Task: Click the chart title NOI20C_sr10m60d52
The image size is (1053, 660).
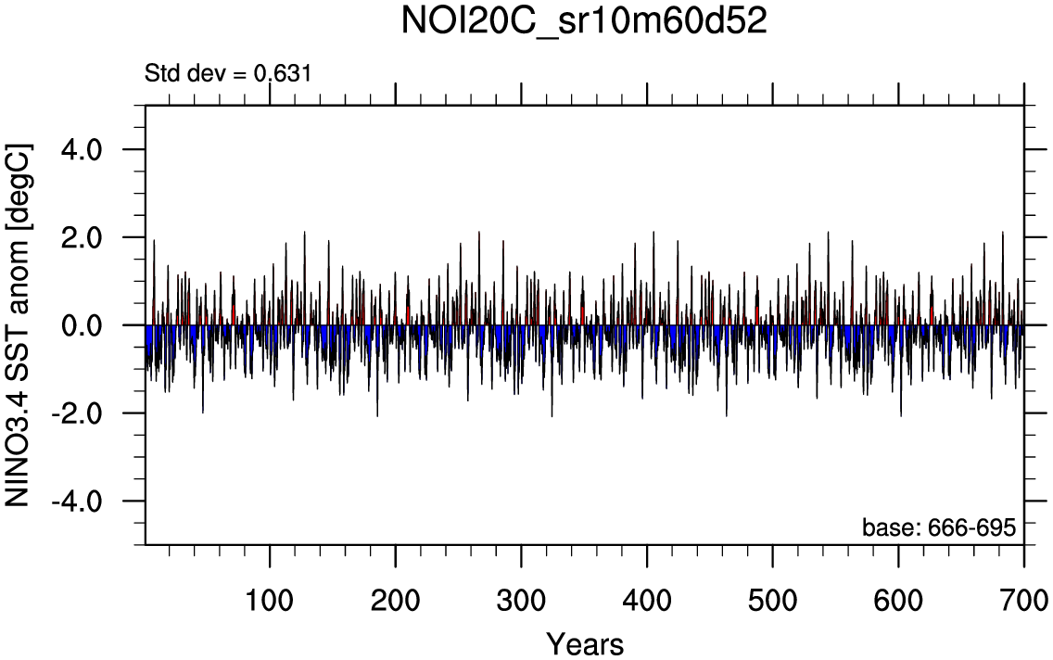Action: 584,22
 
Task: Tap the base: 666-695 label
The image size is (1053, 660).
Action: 939,527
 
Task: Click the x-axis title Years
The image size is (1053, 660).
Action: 584,642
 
